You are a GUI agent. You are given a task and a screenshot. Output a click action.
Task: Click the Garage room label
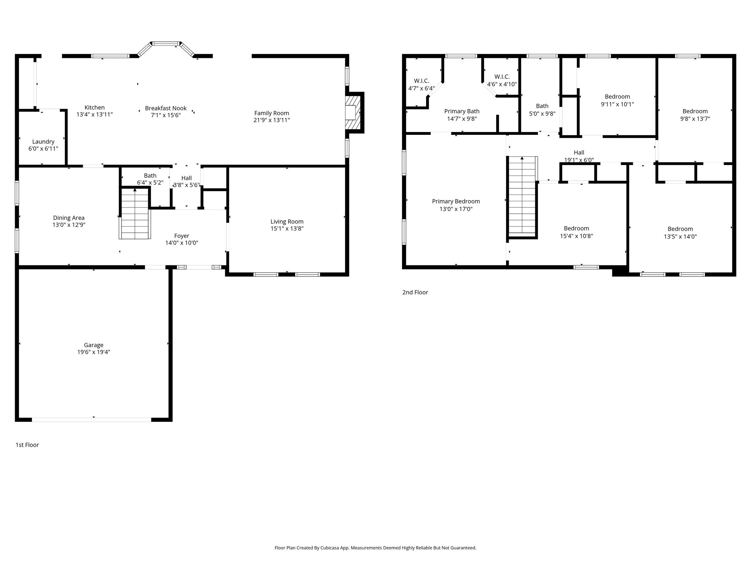pos(94,345)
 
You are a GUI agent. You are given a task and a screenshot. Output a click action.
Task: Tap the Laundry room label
pos(43,141)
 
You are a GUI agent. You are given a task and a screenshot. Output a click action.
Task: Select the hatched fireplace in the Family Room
pos(353,113)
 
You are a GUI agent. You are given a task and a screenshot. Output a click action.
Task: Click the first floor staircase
pos(135,213)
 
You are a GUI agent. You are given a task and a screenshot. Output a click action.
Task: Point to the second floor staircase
pos(522,196)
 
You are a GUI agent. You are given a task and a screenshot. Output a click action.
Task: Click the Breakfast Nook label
pos(166,108)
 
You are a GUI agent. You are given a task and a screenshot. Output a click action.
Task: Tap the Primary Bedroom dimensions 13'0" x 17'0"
pos(456,209)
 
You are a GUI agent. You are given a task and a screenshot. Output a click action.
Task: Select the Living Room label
pos(287,221)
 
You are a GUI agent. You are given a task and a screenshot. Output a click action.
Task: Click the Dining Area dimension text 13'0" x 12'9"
pos(69,225)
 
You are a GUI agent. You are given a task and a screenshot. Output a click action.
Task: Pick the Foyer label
pos(182,236)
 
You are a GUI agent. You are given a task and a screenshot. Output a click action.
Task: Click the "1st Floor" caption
pos(27,445)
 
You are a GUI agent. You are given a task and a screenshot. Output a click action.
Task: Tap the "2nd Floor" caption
pos(415,292)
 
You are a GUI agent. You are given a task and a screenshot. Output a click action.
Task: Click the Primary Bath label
pos(462,111)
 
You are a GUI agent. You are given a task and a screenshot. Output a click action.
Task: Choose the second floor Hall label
pos(579,152)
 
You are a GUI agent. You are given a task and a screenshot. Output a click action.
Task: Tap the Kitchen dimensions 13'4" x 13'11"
pos(95,114)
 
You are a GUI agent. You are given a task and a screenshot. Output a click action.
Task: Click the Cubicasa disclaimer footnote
pos(375,548)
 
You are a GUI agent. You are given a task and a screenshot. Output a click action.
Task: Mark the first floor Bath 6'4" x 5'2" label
pos(150,179)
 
